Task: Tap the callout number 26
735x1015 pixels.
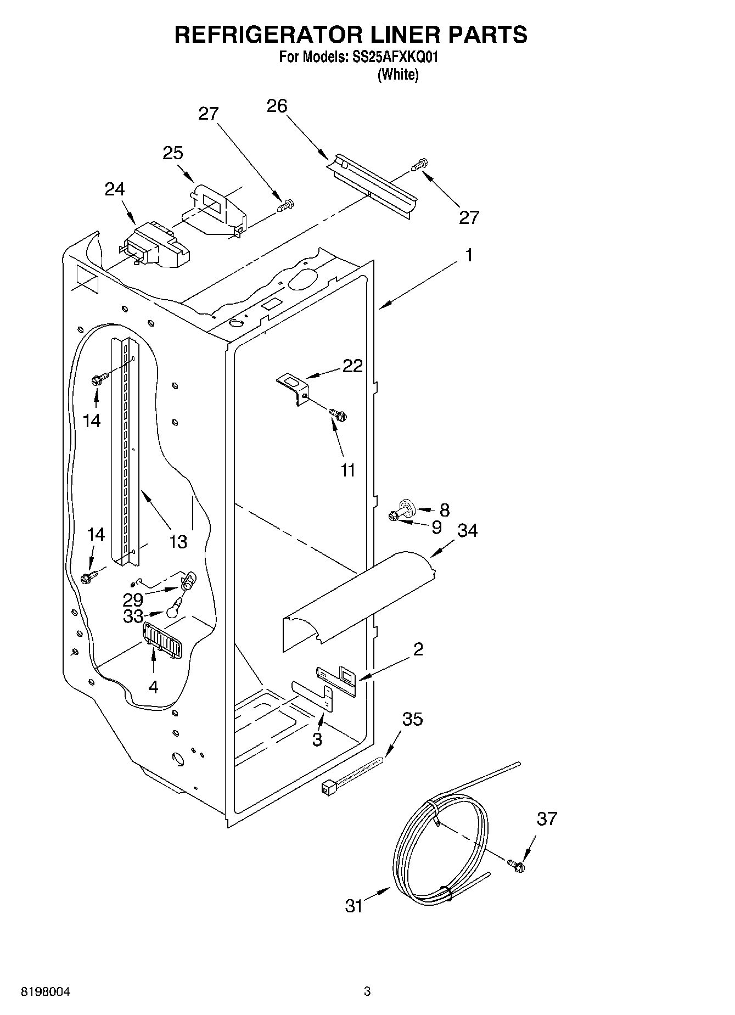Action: [277, 105]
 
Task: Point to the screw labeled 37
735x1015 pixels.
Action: [517, 866]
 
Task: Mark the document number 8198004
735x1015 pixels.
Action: [45, 992]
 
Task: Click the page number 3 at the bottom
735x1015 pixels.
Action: [367, 991]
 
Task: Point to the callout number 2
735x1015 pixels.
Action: [418, 649]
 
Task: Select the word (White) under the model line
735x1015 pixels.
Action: [397, 75]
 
